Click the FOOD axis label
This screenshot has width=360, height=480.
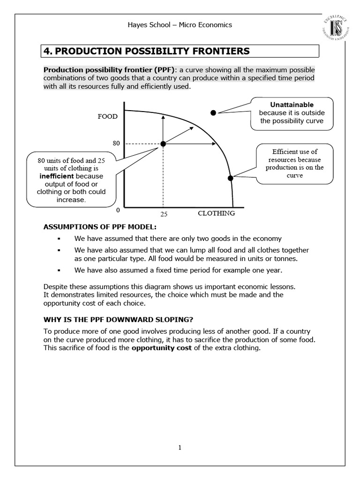(107, 116)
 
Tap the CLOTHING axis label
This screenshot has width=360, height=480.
(216, 213)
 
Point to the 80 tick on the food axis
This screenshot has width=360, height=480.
(117, 143)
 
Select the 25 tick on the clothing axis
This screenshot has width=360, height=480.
(164, 214)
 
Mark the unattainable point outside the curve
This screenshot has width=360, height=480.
(213, 112)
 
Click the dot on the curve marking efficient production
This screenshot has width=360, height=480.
(230, 178)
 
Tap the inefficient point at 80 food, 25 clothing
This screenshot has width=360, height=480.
(163, 144)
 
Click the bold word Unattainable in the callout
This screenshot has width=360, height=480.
(292, 105)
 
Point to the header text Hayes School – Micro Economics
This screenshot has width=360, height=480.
(180, 25)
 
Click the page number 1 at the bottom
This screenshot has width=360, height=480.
(180, 447)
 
